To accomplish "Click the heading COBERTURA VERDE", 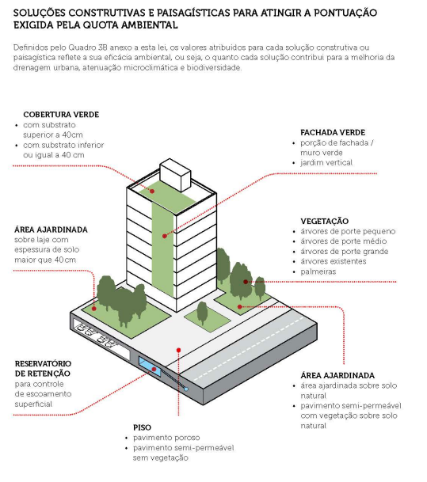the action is pos(61,115).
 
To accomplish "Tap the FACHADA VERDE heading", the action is pos(333,132).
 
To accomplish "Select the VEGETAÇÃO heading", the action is pos(324,221).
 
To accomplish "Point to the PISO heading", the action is pos(142,427).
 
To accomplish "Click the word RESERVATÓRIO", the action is pos(43,363).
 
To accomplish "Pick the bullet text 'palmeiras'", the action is pos(318,271).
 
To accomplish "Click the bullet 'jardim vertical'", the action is pos(326,162).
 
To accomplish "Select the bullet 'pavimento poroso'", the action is pos(166,438).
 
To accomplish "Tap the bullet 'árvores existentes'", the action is pos(334,262).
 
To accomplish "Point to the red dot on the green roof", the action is pos(152,192).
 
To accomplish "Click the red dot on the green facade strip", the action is pos(165,236).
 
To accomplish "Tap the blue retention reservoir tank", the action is pos(150,366).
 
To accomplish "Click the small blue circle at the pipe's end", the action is pos(186,389).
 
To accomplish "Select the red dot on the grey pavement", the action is pos(179,350).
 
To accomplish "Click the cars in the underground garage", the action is pos(95,335).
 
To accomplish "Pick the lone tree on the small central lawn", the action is pos(202,313).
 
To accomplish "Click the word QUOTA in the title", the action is pos(100,25).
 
